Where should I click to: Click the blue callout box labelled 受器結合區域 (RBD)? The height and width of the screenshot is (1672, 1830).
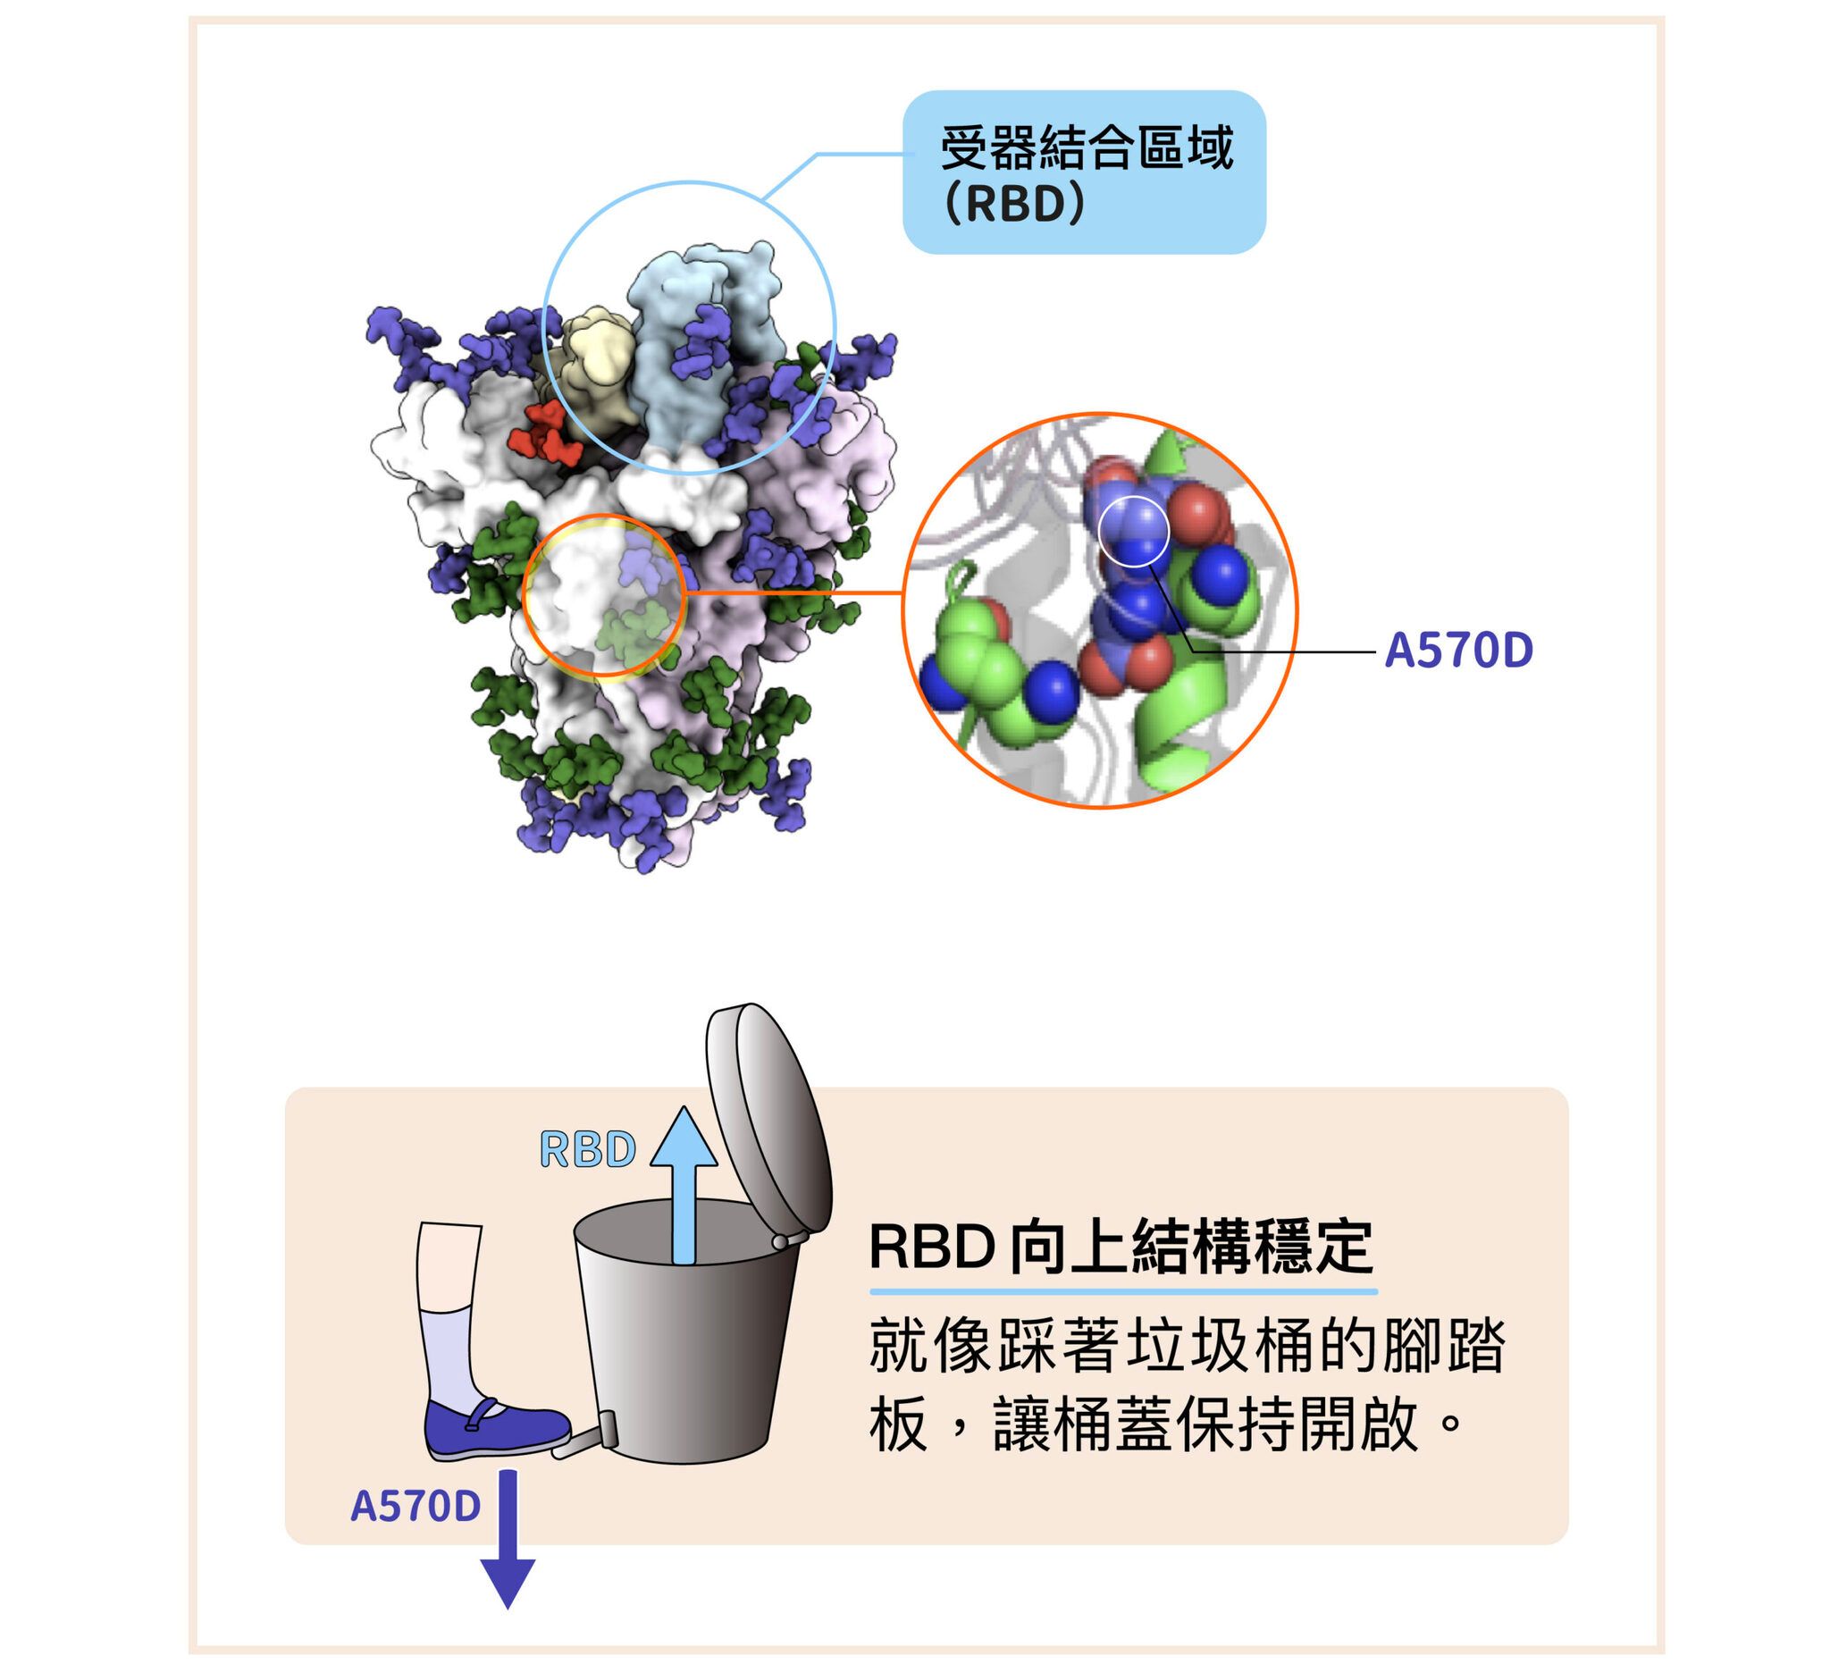(x=1083, y=172)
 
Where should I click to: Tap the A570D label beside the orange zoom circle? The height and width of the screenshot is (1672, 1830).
(x=1457, y=651)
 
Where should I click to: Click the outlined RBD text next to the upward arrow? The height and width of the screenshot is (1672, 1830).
(x=587, y=1149)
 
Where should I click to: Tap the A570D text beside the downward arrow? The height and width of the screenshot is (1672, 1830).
(x=415, y=1506)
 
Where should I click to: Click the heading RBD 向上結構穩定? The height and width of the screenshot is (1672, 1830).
(x=1121, y=1248)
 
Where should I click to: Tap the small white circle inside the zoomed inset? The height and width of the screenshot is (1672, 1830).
(x=1134, y=531)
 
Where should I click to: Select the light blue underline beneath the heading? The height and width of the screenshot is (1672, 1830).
(x=1123, y=1290)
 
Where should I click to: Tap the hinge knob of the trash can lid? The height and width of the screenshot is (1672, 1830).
(x=779, y=1241)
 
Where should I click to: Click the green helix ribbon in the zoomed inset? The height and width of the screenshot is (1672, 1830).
(x=1180, y=717)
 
